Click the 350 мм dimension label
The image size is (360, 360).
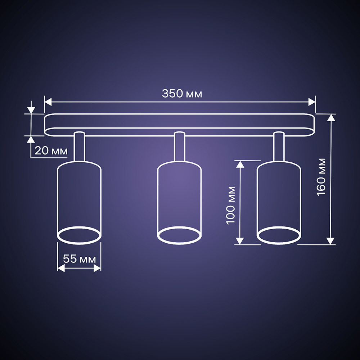click(x=182, y=94)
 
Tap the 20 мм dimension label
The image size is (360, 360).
click(x=51, y=151)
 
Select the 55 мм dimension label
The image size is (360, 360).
click(x=79, y=259)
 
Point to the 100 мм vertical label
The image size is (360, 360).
click(x=230, y=205)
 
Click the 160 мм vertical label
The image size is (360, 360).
click(x=321, y=177)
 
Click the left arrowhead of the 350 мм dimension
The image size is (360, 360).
click(x=48, y=102)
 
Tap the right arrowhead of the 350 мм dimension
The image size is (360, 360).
click(x=312, y=102)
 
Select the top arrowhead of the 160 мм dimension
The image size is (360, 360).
click(x=330, y=117)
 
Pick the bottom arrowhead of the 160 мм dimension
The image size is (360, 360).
click(x=330, y=241)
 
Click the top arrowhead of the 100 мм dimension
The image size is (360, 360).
click(x=240, y=165)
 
